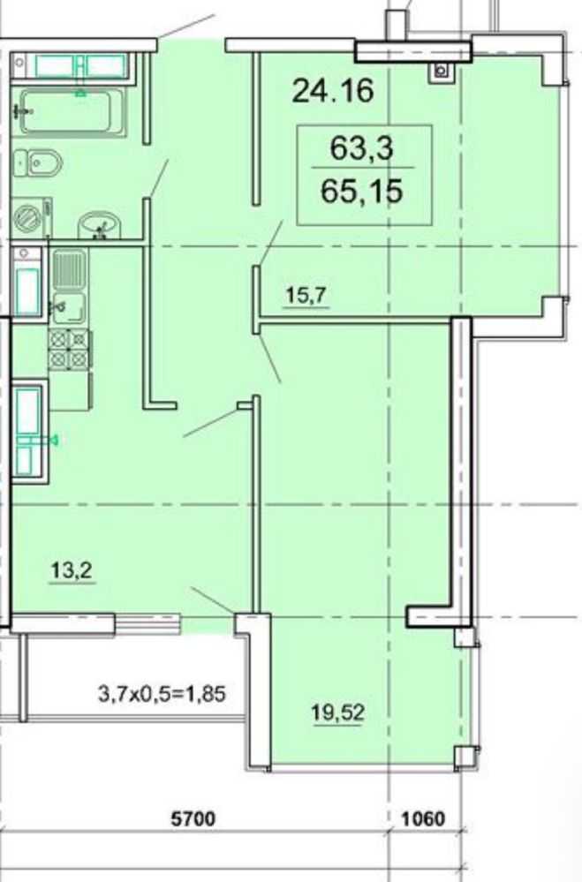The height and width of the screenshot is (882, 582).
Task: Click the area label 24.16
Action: (x=333, y=90)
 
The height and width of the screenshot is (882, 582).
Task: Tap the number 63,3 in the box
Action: (x=361, y=148)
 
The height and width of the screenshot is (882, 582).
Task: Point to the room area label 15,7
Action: (x=306, y=295)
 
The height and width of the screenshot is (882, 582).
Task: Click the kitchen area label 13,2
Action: (x=72, y=570)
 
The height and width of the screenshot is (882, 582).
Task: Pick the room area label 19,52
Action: (x=337, y=712)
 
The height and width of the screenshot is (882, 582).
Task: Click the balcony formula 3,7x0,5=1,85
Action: (x=163, y=694)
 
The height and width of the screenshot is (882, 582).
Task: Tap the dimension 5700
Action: (x=193, y=818)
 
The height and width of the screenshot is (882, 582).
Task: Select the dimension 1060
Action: (x=423, y=818)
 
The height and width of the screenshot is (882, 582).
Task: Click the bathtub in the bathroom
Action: (x=72, y=112)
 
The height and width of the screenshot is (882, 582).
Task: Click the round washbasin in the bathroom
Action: (x=99, y=225)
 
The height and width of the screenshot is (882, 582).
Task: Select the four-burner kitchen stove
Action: (x=70, y=349)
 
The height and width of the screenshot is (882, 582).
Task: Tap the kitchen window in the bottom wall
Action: (x=147, y=623)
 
